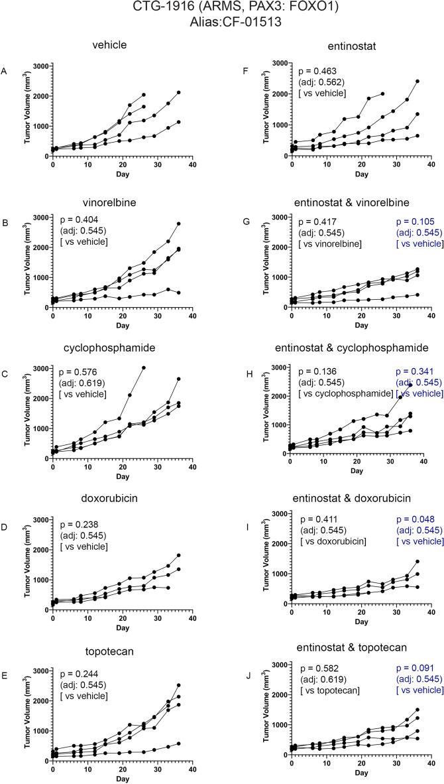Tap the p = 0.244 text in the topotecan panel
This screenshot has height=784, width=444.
[83, 673]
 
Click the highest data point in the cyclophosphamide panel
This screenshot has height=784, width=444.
[144, 367]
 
